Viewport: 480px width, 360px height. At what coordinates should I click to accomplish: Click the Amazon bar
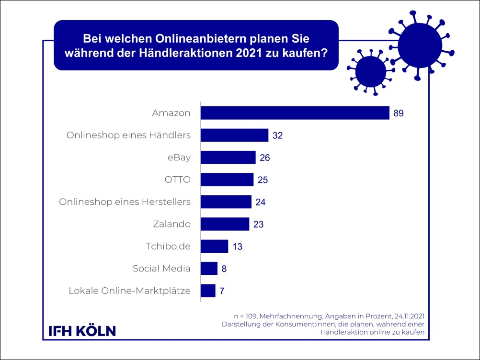point(295,113)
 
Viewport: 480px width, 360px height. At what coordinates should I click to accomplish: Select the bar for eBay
point(228,157)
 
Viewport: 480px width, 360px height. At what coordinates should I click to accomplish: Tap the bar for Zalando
point(225,224)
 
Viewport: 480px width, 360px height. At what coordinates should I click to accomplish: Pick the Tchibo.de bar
point(214,247)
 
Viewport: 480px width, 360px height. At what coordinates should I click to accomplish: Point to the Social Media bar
point(209,269)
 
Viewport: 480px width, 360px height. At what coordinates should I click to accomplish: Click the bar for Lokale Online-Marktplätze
point(208,291)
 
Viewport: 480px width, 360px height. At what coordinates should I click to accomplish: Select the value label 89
point(400,113)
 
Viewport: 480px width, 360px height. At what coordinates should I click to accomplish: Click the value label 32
point(278,135)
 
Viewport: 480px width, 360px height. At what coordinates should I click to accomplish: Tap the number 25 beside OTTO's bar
point(263,180)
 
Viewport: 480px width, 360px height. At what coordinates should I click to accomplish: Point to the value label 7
point(222,291)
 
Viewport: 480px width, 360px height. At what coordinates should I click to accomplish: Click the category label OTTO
point(178,180)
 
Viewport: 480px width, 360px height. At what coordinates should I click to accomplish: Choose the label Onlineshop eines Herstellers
point(125,202)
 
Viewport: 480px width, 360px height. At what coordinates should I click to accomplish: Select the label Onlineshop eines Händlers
point(128,135)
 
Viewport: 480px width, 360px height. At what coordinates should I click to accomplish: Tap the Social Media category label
point(161,269)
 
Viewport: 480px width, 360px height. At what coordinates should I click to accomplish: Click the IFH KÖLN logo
point(82,330)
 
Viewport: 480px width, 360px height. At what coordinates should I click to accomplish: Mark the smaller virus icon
point(367,71)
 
